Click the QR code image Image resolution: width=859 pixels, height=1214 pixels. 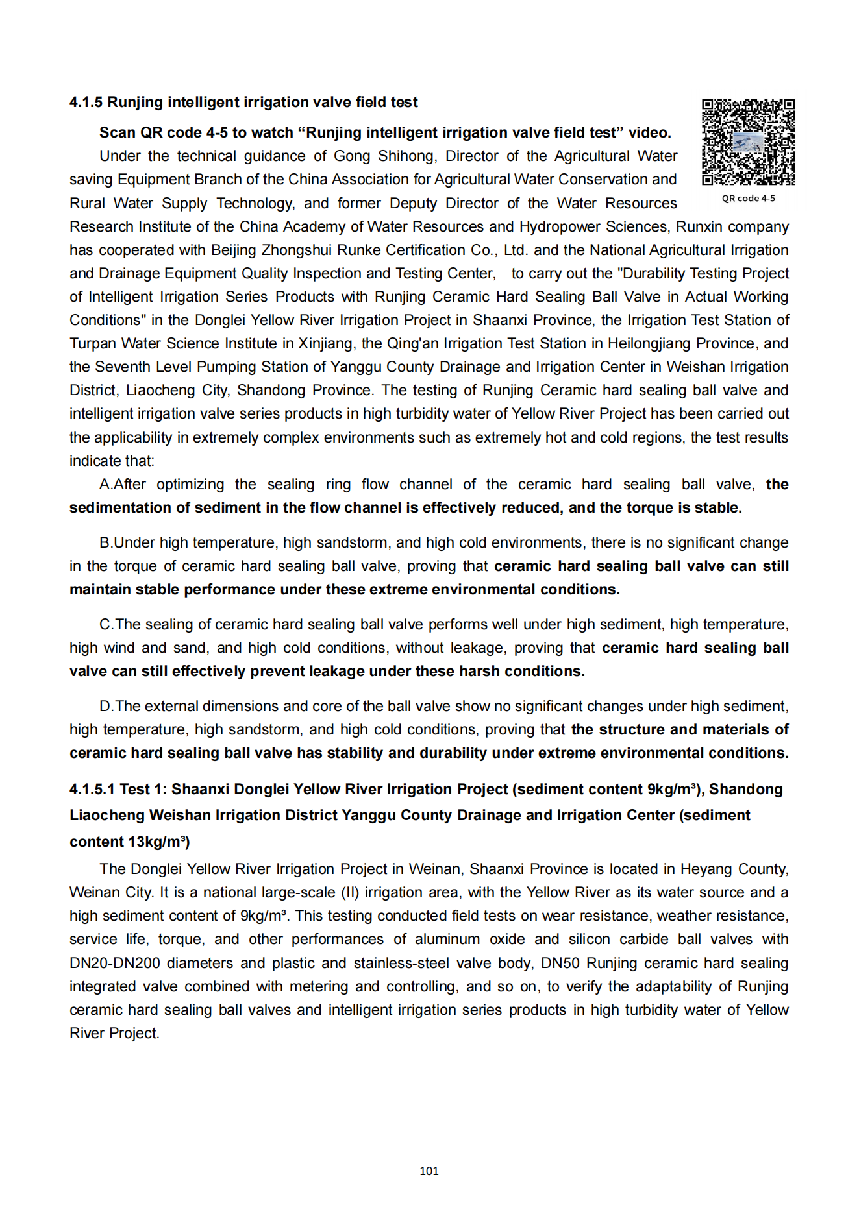(748, 142)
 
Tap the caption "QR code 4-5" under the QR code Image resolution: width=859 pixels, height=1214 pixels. (748, 199)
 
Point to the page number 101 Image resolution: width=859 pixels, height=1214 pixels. (429, 1171)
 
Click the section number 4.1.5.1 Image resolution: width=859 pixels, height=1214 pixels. (92, 790)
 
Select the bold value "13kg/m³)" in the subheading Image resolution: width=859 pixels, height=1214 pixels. (159, 842)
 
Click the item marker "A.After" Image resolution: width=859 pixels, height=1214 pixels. (123, 485)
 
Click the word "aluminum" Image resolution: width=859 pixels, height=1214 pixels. (448, 940)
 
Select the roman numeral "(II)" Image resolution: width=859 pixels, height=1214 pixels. (351, 893)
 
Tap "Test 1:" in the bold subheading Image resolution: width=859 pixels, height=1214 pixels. (143, 790)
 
